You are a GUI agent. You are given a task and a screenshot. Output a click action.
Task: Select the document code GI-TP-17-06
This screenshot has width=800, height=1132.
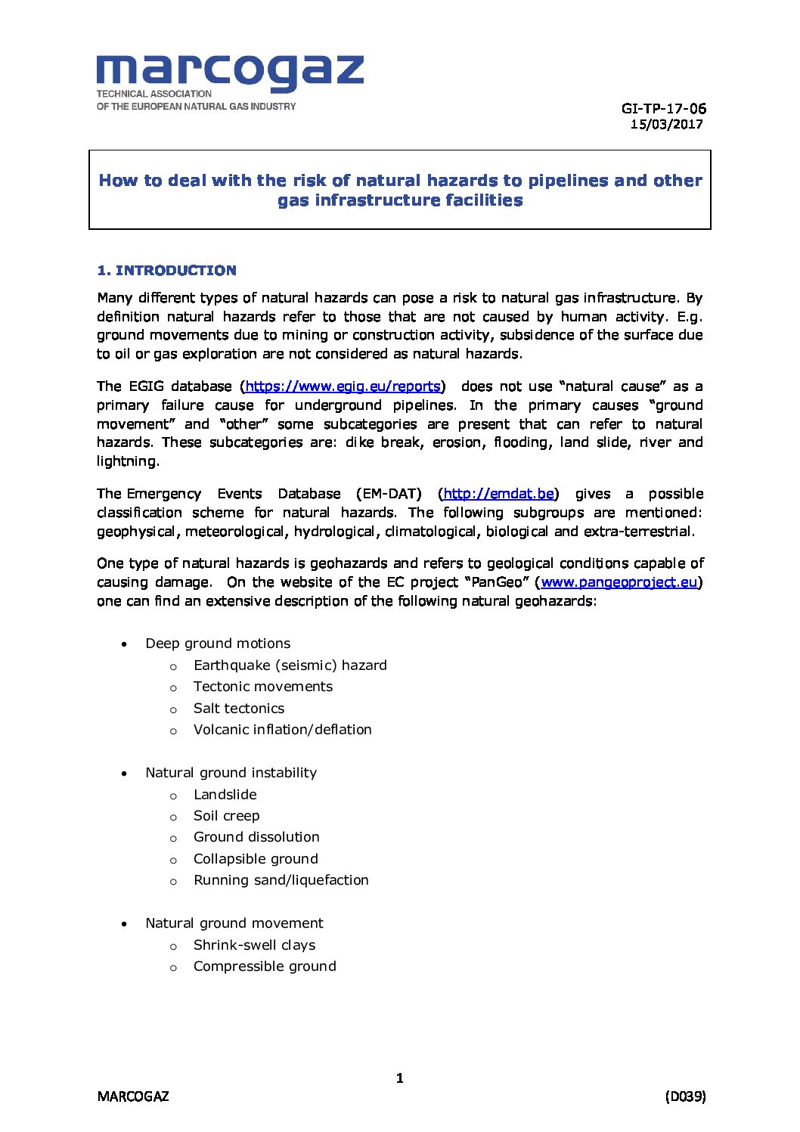[663, 109]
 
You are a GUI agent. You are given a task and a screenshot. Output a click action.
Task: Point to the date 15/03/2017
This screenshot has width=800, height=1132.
[666, 125]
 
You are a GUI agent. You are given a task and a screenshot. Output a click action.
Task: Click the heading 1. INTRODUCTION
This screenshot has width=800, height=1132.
[166, 271]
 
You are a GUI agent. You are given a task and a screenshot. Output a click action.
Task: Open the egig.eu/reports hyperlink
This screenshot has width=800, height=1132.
[343, 386]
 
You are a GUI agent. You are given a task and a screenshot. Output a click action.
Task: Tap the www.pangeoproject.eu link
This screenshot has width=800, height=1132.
[619, 582]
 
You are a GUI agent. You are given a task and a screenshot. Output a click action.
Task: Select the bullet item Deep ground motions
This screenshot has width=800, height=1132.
[218, 644]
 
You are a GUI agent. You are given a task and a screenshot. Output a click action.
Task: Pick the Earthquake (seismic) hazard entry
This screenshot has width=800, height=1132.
[290, 665]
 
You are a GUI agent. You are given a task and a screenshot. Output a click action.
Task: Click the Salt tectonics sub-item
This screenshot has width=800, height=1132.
[239, 709]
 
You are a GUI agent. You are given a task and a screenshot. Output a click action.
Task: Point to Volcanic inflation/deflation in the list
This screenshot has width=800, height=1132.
[282, 730]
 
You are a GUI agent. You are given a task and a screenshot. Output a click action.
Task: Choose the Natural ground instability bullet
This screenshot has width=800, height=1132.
[231, 773]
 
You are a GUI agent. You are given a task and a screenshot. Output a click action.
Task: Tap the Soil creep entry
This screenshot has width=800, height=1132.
[226, 816]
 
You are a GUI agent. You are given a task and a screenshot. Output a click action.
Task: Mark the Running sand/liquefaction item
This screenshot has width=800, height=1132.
[281, 880]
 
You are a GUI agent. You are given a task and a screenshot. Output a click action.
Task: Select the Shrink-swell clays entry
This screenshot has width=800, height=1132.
[254, 945]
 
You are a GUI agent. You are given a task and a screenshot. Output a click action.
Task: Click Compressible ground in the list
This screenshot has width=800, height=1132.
[265, 966]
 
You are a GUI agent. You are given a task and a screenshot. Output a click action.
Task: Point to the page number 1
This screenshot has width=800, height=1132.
[400, 1078]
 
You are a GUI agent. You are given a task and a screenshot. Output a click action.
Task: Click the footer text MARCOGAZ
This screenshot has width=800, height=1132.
[133, 1096]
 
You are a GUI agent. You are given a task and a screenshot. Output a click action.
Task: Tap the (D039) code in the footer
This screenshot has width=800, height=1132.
[685, 1096]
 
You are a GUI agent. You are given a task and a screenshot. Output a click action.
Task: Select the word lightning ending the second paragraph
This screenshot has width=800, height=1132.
[127, 461]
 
